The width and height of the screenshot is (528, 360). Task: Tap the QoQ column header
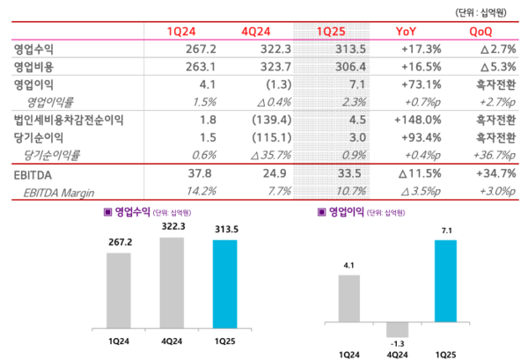[483, 33]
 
